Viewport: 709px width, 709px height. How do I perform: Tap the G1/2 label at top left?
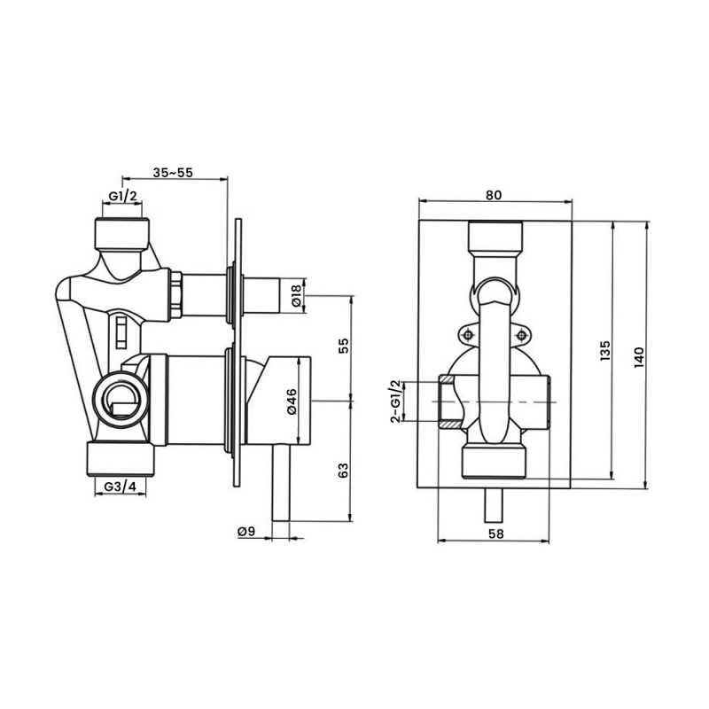(x=121, y=197)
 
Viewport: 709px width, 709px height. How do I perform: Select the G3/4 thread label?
(x=121, y=487)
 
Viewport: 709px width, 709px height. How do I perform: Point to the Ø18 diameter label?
(x=296, y=294)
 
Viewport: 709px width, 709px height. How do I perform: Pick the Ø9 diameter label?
(x=246, y=532)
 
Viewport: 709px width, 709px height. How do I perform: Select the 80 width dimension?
(x=495, y=195)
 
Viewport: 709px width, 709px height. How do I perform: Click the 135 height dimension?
(x=603, y=350)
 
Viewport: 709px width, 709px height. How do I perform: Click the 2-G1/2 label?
(x=397, y=401)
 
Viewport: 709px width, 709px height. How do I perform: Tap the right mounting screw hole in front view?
(x=523, y=334)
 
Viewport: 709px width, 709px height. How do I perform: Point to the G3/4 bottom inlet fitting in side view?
(x=121, y=459)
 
